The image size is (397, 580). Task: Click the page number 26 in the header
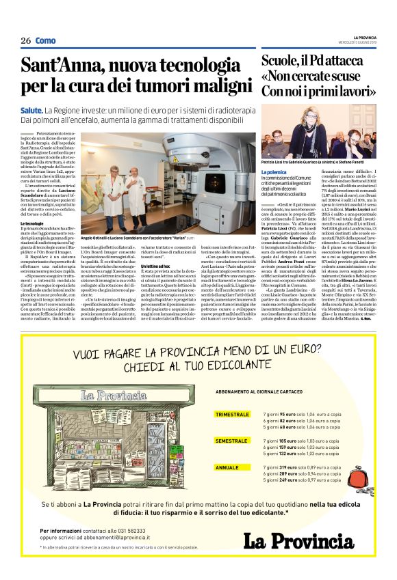point(26,41)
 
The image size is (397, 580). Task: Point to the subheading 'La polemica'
point(274,174)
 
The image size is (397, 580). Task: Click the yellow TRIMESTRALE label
point(232,414)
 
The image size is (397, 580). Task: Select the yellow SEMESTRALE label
point(231,441)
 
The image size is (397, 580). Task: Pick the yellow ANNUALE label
point(227,468)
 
